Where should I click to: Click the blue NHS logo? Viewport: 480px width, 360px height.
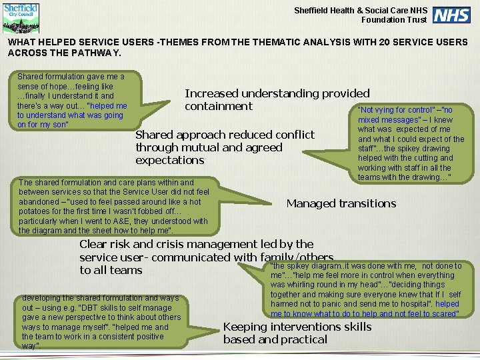[451, 15]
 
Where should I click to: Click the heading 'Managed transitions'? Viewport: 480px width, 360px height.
[341, 204]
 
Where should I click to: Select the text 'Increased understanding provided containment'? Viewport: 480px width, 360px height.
[277, 100]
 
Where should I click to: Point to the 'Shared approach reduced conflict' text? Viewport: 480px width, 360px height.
[225, 135]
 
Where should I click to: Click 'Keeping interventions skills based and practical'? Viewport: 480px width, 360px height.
[297, 333]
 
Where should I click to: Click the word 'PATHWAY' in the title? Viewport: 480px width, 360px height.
[97, 53]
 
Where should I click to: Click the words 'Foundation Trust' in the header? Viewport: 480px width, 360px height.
[393, 20]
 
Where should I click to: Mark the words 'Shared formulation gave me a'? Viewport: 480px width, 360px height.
[71, 77]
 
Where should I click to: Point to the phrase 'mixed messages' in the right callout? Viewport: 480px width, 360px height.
[387, 120]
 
